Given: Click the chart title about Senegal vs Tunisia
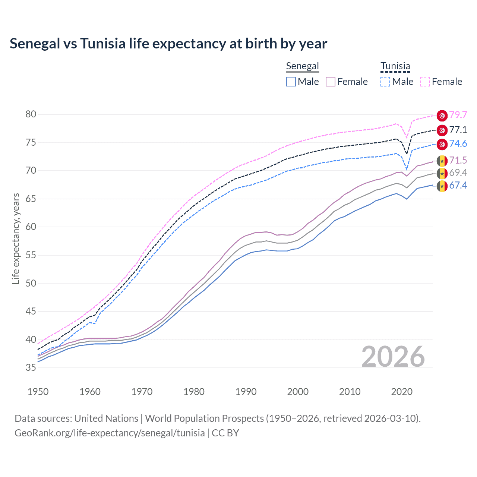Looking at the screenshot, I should coord(168,44).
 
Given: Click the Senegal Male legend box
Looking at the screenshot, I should coord(291,82).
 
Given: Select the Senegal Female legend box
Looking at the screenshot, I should coord(331,82).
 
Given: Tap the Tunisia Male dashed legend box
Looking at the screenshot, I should coord(385,82).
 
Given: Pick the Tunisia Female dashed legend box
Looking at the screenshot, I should coord(425,82).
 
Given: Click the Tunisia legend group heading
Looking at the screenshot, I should coord(395,66).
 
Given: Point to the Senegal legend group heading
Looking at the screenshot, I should coord(302,66).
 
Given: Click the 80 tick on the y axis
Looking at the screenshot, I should coord(31,114).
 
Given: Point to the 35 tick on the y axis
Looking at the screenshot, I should coord(31,368).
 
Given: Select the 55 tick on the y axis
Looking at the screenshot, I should coord(31,255).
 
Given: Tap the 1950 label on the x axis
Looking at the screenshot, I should coord(38,392).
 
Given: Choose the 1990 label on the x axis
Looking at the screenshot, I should coord(246,392).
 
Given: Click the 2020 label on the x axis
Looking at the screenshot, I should coord(402,392).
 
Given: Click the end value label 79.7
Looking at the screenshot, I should coord(458,115).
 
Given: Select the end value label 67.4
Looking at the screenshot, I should coord(458,186).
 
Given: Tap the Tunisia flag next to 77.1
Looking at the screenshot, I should coord(442,130).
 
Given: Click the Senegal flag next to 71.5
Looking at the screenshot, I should coord(442,161).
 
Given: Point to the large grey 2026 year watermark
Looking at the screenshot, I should coord(393,357).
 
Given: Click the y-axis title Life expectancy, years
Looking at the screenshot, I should coord(16,238).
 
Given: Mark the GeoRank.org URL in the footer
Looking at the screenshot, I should coord(110,433).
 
